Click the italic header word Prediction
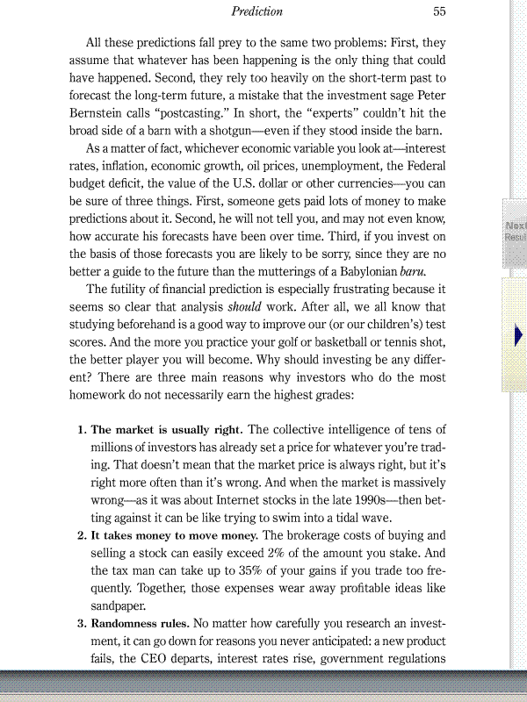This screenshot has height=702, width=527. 256,11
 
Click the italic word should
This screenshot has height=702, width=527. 246,308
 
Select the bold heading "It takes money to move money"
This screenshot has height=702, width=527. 172,535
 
